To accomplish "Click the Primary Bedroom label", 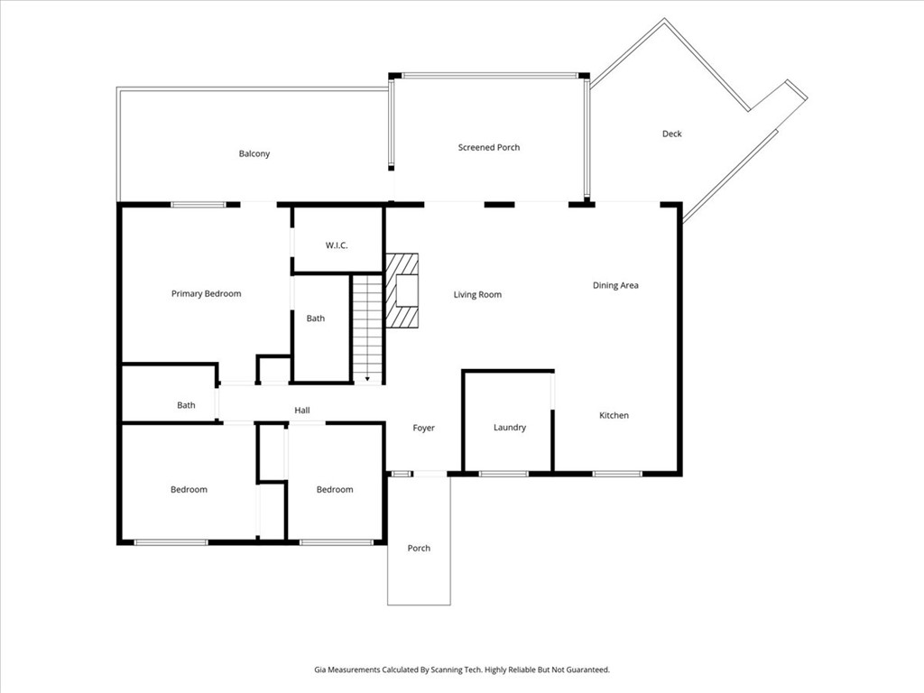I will pyautogui.click(x=206, y=293).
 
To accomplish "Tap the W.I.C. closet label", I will pyautogui.click(x=337, y=245).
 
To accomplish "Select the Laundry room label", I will pyautogui.click(x=509, y=427).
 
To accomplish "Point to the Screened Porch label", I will pyautogui.click(x=488, y=147).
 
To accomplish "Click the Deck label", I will pyautogui.click(x=671, y=134).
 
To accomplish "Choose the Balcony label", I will pyautogui.click(x=254, y=153).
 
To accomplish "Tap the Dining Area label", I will pyautogui.click(x=615, y=285).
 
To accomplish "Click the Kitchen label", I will pyautogui.click(x=614, y=415).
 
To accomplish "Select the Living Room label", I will pyautogui.click(x=476, y=294).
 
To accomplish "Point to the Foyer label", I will pyautogui.click(x=423, y=428).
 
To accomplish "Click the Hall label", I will pyautogui.click(x=301, y=411).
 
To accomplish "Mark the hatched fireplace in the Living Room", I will pyautogui.click(x=403, y=291).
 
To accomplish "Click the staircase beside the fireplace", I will pyautogui.click(x=367, y=325).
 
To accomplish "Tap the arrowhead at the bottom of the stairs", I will pyautogui.click(x=367, y=379).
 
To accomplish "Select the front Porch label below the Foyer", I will pyautogui.click(x=419, y=548).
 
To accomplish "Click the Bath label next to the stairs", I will pyautogui.click(x=315, y=318).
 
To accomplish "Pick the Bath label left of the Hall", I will pyautogui.click(x=186, y=405).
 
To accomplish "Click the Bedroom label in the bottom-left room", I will pyautogui.click(x=189, y=489).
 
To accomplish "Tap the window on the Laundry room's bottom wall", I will pyautogui.click(x=503, y=473).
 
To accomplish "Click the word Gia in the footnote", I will pyautogui.click(x=319, y=670).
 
